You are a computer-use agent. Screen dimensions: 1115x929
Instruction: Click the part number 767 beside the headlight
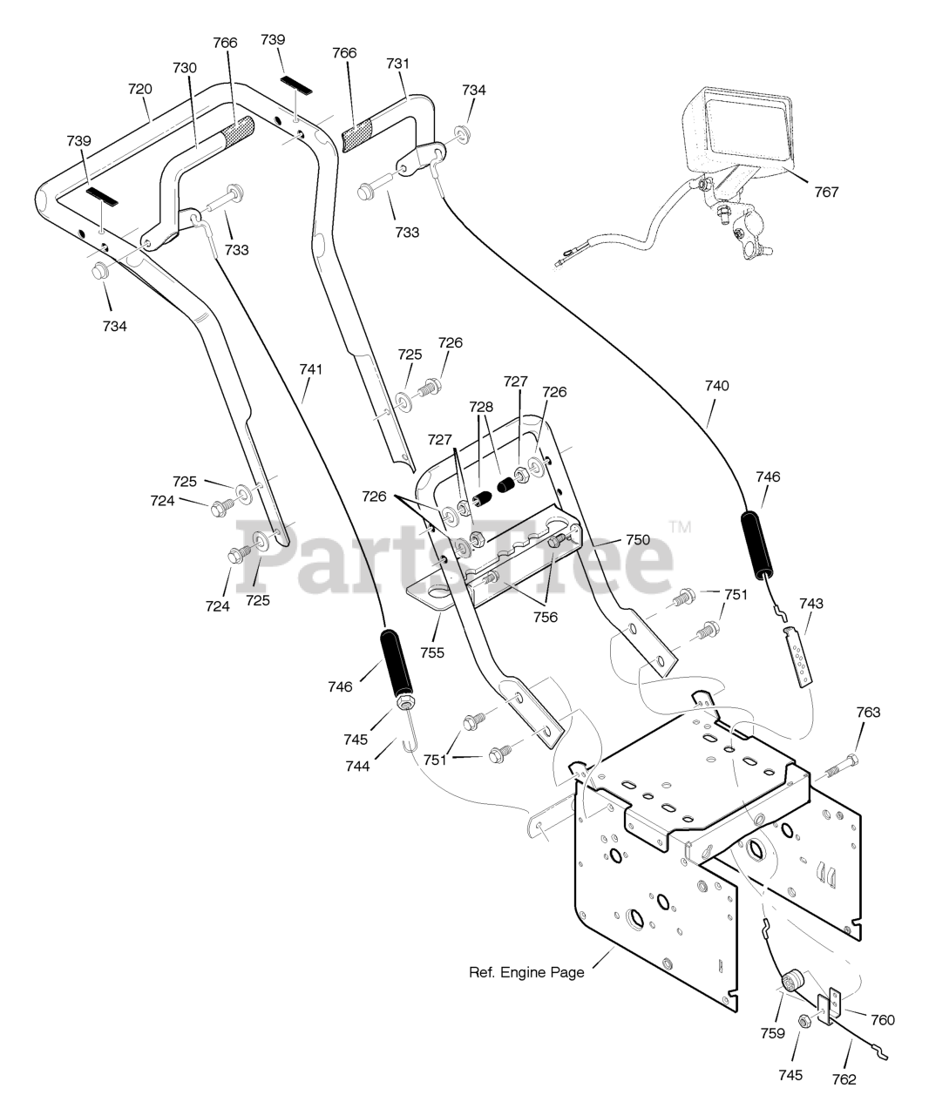pyautogui.click(x=826, y=191)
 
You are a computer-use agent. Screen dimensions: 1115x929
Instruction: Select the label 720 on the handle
pyautogui.click(x=139, y=89)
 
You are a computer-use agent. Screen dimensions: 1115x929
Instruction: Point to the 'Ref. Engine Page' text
pyautogui.click(x=526, y=972)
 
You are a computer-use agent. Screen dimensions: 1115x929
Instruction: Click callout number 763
pyautogui.click(x=867, y=713)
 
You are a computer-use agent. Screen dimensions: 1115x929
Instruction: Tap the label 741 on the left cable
pyautogui.click(x=311, y=369)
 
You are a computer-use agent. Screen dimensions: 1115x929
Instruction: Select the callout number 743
pyautogui.click(x=810, y=603)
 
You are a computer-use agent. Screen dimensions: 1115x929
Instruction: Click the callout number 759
pyautogui.click(x=772, y=1033)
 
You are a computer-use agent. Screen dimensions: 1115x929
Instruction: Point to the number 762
pyautogui.click(x=844, y=1079)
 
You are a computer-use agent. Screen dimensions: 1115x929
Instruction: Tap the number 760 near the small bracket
pyautogui.click(x=882, y=1019)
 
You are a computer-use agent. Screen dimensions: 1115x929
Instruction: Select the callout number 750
pyautogui.click(x=637, y=540)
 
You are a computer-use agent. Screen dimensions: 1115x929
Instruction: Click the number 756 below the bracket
pyautogui.click(x=546, y=617)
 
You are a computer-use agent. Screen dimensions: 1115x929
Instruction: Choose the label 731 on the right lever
pyautogui.click(x=397, y=64)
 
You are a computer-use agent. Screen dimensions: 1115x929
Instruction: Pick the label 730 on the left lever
pyautogui.click(x=185, y=68)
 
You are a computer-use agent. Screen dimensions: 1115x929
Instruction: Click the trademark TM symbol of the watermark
pyautogui.click(x=680, y=526)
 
